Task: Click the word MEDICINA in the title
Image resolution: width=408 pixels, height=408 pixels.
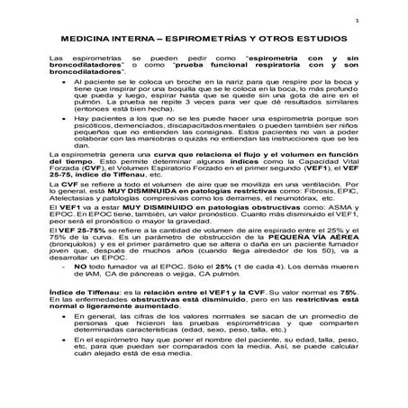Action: (86, 41)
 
